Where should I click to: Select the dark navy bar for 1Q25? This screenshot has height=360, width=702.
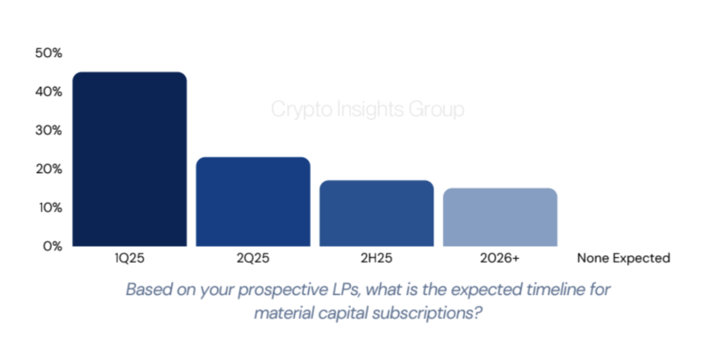(130, 159)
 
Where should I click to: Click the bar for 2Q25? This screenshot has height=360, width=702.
(253, 202)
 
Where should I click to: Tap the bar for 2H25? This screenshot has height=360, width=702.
(376, 213)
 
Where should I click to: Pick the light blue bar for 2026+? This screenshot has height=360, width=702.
(500, 217)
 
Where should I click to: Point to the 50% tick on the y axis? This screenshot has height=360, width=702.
(48, 54)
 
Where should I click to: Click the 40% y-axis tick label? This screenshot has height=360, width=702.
(48, 92)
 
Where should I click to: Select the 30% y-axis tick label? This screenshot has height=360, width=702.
(48, 131)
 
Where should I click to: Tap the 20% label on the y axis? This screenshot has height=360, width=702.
(48, 169)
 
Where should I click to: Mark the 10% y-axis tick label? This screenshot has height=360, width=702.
(48, 208)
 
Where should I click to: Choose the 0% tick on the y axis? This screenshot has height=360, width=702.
(52, 247)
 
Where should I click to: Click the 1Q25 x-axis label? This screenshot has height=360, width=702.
(130, 259)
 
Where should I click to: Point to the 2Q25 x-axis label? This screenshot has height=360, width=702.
(253, 259)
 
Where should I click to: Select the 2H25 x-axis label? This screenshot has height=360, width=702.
(376, 259)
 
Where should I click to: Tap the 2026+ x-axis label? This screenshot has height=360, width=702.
(500, 259)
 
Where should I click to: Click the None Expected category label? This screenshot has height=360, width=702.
(623, 259)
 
